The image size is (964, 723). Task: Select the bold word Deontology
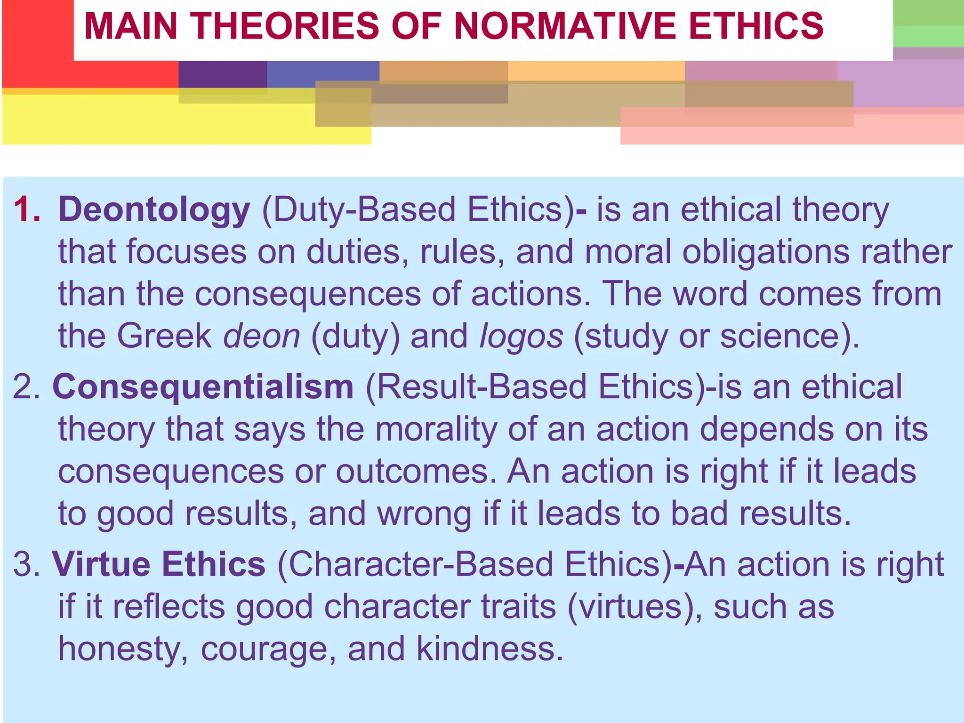tap(154, 210)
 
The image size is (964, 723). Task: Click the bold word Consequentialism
tap(203, 387)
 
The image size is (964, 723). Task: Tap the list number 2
tap(26, 387)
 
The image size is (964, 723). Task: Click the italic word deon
tap(261, 336)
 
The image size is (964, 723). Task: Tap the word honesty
tap(122, 650)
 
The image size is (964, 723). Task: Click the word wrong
tap(424, 514)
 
